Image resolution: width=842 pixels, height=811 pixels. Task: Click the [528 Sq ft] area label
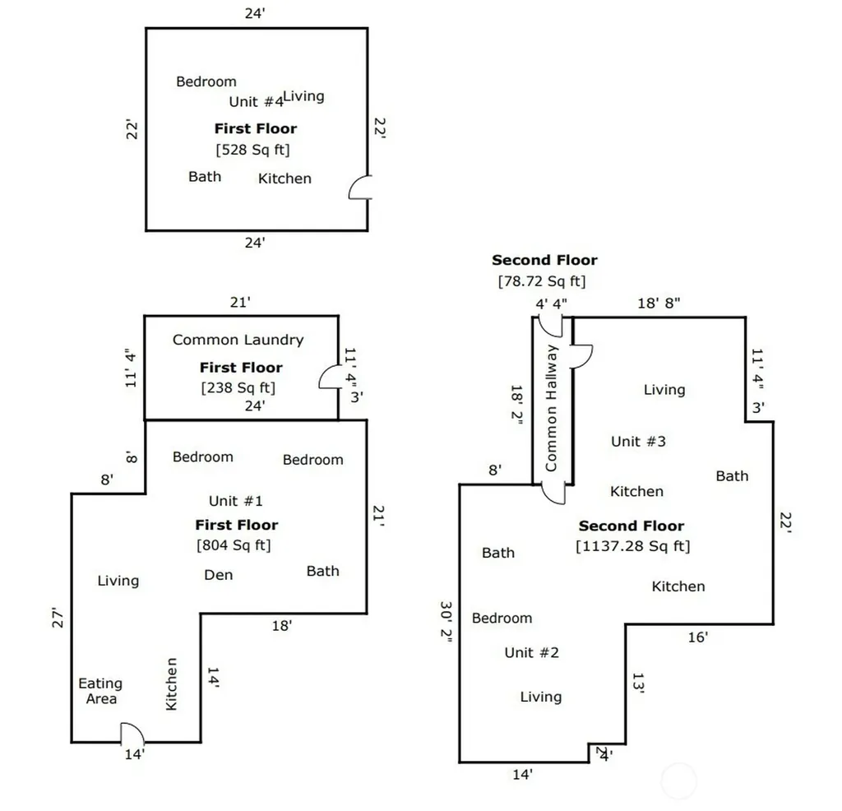coord(253,150)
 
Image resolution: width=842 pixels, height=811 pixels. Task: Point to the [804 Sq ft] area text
coord(234,545)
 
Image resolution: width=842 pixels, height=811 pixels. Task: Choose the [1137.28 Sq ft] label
coord(632,546)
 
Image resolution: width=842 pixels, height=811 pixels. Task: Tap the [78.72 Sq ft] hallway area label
coord(542,281)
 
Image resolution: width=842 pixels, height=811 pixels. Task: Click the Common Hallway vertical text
coord(552,408)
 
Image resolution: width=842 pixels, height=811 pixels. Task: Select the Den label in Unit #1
coord(219,575)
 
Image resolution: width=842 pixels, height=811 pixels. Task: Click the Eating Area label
coord(100,691)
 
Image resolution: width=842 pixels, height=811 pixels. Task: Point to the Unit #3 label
coord(638,442)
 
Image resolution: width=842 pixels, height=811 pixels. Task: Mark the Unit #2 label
coord(532,652)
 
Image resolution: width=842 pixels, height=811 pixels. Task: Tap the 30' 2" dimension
coord(446,621)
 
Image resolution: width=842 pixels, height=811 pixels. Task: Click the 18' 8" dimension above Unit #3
coord(659,303)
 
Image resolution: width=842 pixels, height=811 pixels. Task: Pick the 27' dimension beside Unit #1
coord(58,619)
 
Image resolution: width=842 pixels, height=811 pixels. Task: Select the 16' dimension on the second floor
coord(698,637)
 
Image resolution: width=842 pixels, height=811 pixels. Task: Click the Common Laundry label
coord(238,340)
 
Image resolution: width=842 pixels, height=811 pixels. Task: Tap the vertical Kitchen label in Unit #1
coord(171,684)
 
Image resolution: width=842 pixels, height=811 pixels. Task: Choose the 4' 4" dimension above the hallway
coord(552,304)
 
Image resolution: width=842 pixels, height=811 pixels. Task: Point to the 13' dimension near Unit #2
coord(637,683)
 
